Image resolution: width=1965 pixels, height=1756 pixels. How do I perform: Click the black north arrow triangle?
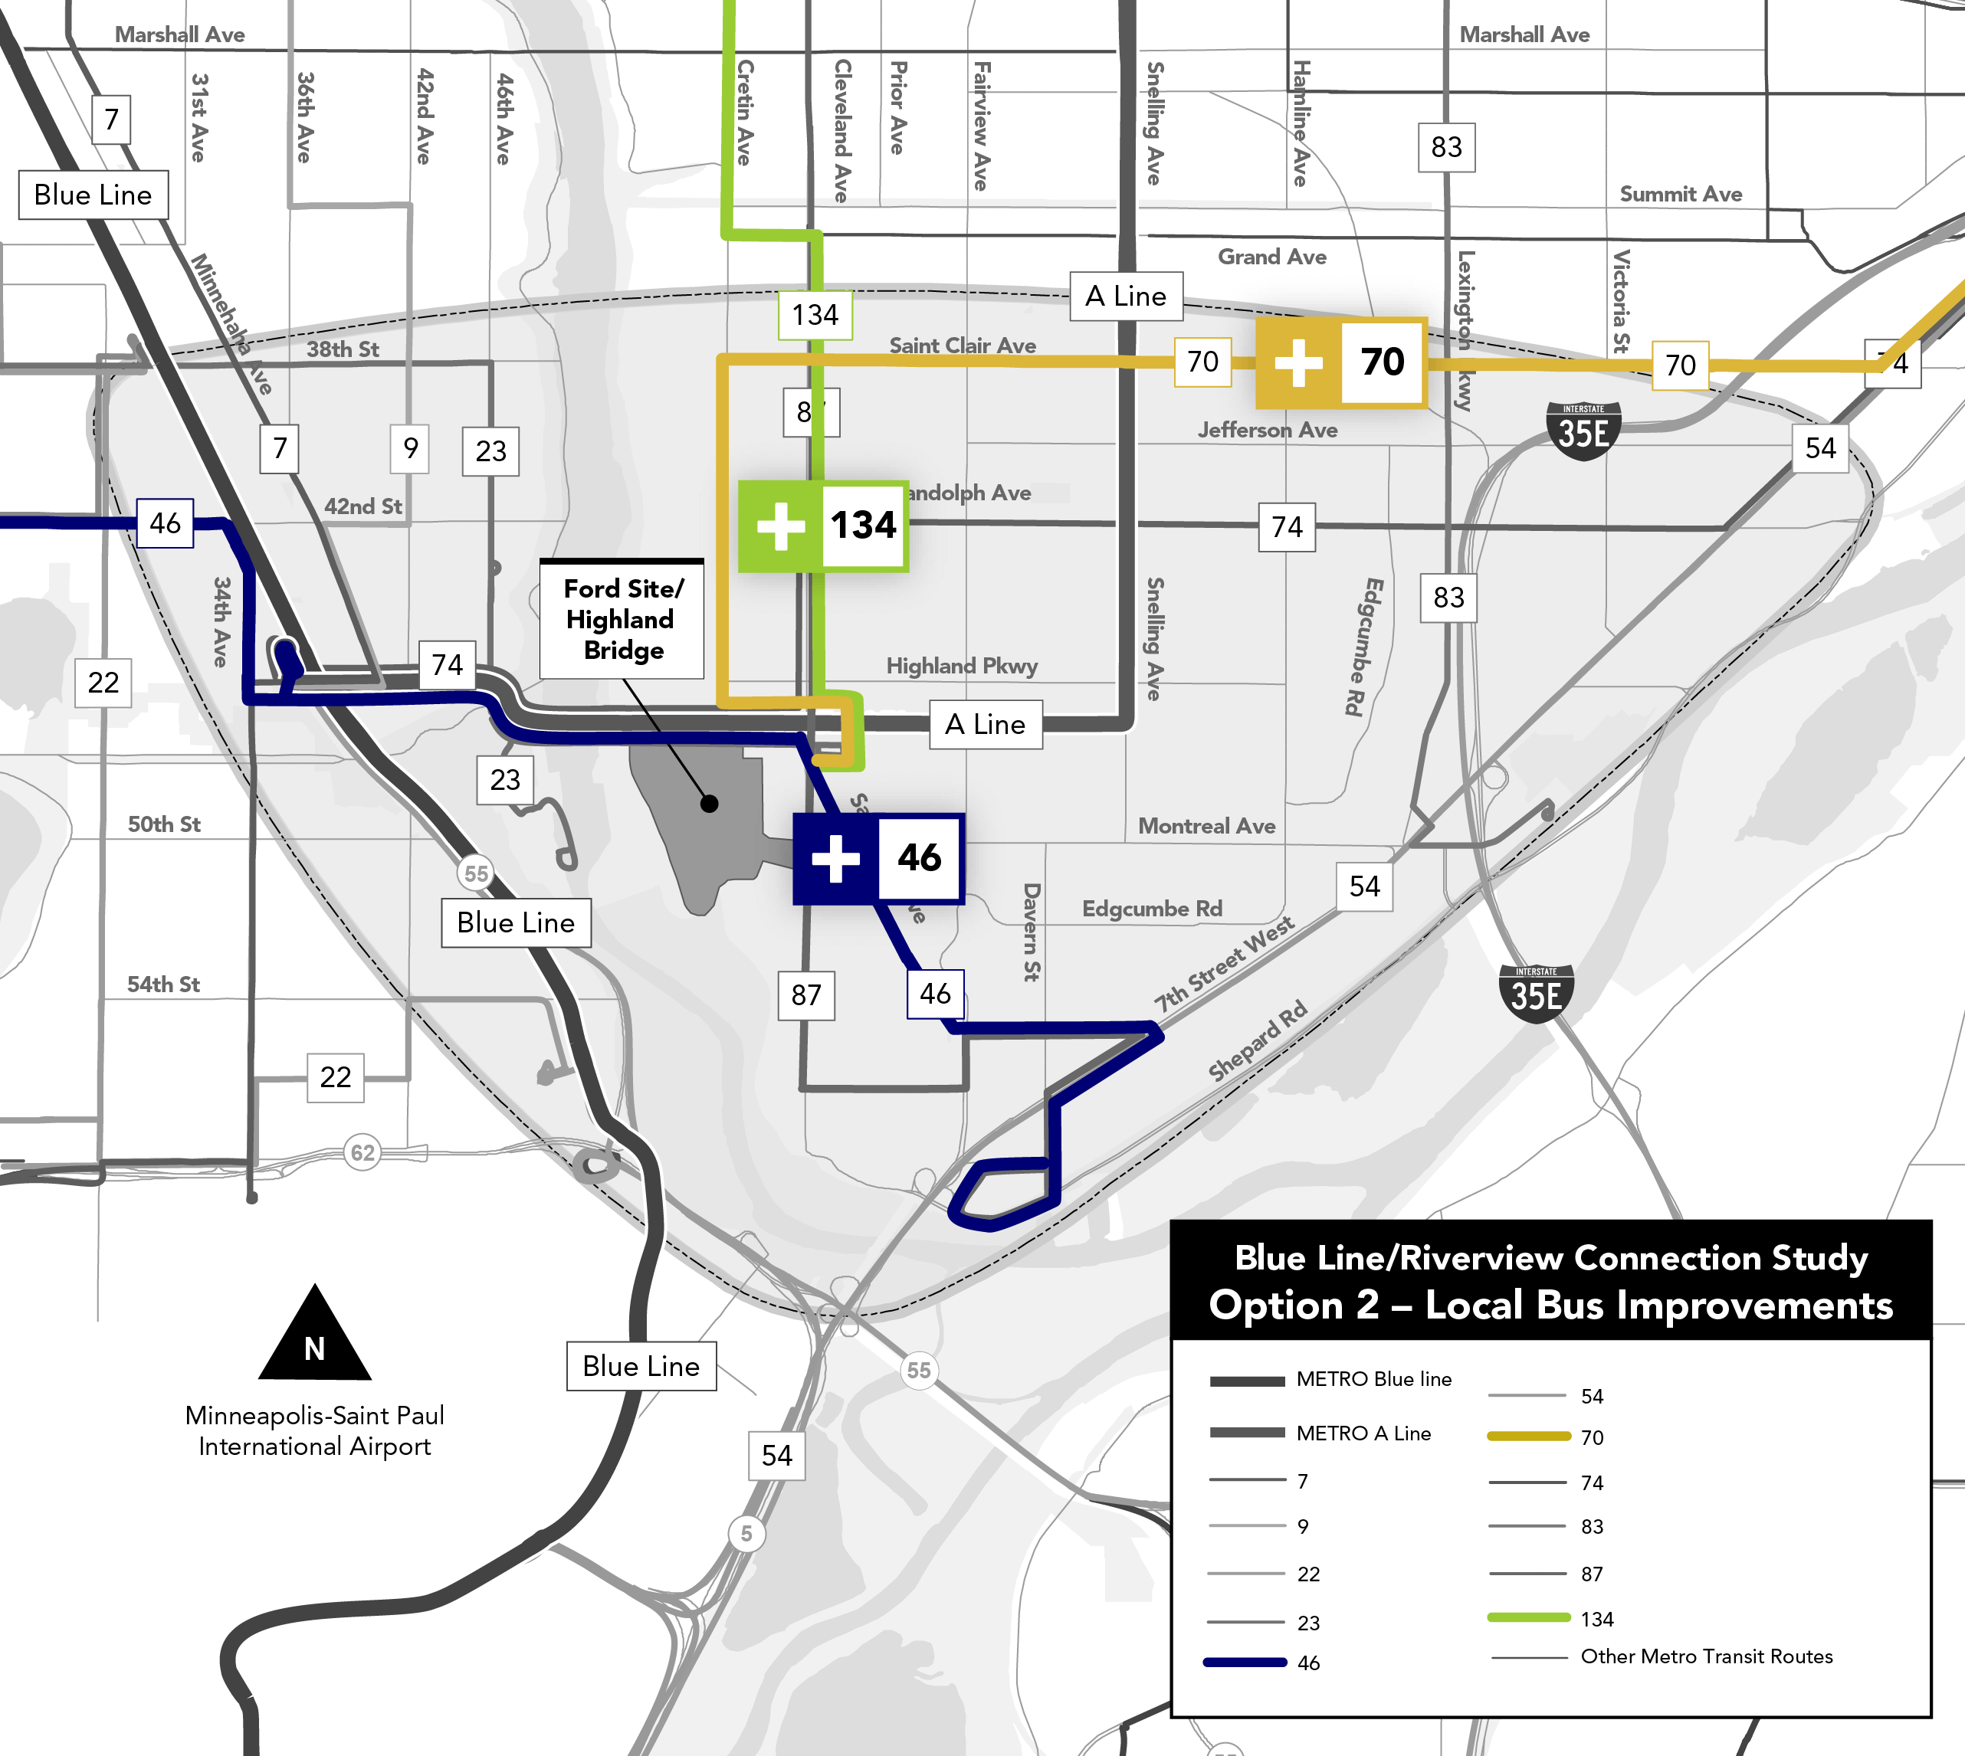315,1337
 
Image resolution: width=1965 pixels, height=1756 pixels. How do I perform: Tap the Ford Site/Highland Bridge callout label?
622,619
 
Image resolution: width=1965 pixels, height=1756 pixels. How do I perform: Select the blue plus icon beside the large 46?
836,859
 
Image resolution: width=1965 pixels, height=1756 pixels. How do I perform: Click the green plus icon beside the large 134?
781,526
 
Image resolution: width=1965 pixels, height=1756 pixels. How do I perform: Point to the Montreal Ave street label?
1206,826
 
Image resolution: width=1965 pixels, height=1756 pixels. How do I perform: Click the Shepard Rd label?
1258,1040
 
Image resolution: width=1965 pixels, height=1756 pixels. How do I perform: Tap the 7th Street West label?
1224,965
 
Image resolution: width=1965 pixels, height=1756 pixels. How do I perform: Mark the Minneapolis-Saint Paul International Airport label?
315,1431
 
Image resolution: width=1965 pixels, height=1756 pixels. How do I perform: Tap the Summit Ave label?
1680,194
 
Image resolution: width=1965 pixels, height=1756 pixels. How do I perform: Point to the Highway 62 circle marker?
362,1152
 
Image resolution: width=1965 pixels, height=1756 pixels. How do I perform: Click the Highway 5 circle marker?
746,1533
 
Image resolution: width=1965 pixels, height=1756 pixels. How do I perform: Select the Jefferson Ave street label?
1268,431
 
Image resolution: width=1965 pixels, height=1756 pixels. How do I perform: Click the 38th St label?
343,349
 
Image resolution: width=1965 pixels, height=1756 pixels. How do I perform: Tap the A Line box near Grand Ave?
1125,296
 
